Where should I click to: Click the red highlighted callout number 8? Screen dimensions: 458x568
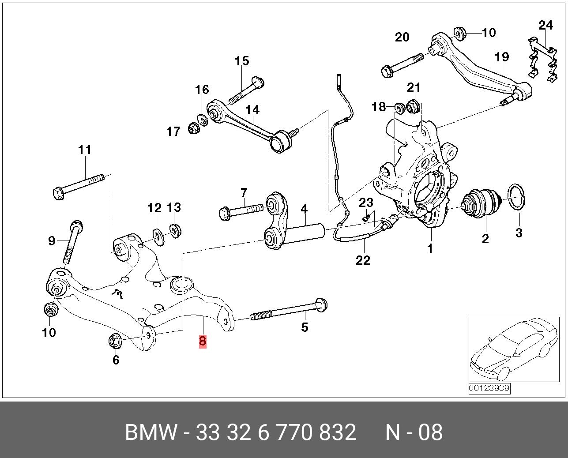click(203, 341)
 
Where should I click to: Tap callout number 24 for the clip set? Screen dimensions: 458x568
click(545, 25)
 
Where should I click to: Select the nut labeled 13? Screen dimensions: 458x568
click(176, 230)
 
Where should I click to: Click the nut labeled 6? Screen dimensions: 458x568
click(115, 341)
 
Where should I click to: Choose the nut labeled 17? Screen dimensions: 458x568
click(193, 128)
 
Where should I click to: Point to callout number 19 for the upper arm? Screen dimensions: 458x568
click(502, 57)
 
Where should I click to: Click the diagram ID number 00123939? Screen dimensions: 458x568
click(489, 389)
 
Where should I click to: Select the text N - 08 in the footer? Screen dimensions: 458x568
click(414, 432)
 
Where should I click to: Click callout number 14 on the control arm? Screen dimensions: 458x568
click(252, 110)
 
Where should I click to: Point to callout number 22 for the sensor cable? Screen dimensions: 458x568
click(363, 260)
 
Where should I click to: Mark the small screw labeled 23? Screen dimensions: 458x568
click(365, 218)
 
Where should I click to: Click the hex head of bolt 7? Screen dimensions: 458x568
click(224, 214)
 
